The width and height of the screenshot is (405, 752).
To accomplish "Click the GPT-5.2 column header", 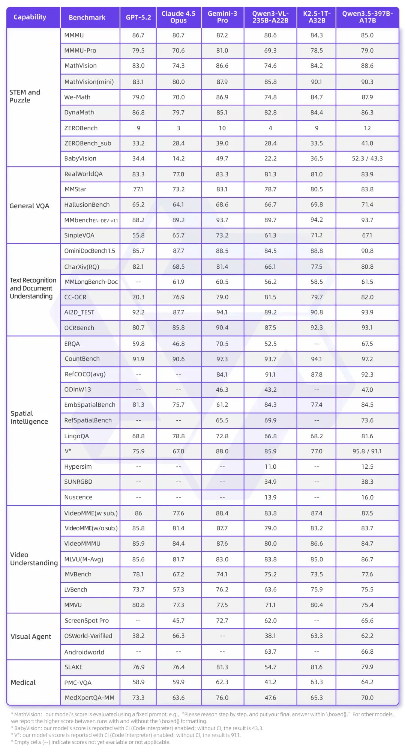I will coord(138,17).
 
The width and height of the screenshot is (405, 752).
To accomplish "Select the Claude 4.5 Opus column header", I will coord(178,17).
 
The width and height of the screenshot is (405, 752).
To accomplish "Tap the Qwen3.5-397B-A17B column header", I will coord(367,17).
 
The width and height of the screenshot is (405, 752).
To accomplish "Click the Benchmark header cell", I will coord(87,17).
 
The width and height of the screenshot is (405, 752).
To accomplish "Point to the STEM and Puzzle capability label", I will coord(25,96).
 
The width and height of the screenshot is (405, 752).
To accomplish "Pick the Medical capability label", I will coord(23,683).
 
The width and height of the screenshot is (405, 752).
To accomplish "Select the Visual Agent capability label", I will coord(31,637).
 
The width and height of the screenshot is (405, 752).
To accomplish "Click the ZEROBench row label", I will coord(81,128).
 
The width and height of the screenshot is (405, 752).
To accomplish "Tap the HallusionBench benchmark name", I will coord(87,205).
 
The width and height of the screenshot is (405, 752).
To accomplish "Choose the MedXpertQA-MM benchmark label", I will coord(90,698).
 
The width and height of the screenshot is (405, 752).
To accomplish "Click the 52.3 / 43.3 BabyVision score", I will coord(367,159).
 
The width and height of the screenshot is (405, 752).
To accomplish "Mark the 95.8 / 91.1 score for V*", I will coord(367,451).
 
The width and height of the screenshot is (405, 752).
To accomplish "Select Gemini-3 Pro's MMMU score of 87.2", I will coord(222,35).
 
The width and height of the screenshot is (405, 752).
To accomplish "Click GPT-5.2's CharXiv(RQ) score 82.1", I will coord(138,267).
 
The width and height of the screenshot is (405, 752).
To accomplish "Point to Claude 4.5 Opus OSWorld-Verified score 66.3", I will coord(178,636).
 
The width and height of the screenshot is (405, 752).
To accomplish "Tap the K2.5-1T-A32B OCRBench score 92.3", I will coord(316,328).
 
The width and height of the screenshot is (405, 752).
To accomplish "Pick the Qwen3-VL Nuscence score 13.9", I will coord(270,498).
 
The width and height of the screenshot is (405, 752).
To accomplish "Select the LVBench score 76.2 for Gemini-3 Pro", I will coord(222,590).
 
